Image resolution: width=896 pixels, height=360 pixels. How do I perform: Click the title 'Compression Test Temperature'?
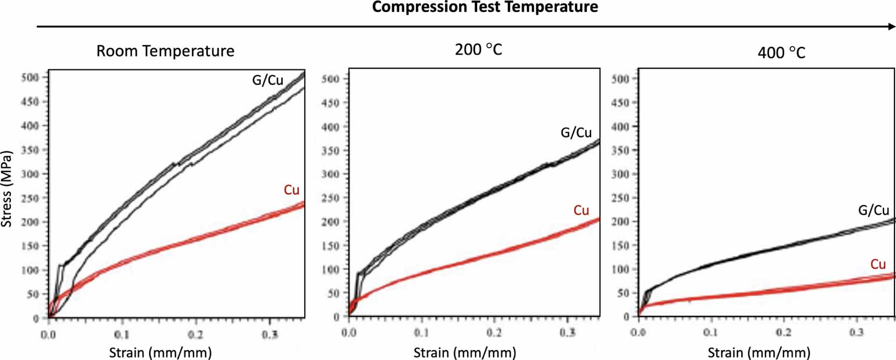(484, 7)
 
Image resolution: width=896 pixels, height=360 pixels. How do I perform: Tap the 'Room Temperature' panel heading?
(165, 51)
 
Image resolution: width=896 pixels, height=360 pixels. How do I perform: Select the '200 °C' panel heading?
(478, 49)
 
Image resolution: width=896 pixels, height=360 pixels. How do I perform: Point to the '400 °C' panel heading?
(781, 52)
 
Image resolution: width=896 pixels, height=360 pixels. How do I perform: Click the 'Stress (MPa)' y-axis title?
(7, 189)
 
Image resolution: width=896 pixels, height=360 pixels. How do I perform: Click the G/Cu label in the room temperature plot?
(268, 80)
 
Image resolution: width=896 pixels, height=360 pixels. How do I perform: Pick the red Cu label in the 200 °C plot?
(581, 210)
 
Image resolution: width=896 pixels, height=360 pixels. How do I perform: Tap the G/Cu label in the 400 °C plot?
(874, 210)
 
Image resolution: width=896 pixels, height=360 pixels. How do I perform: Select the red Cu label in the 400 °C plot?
(878, 264)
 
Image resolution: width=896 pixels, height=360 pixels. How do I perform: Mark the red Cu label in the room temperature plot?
(292, 190)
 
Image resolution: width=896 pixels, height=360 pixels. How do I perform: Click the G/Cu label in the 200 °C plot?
(576, 133)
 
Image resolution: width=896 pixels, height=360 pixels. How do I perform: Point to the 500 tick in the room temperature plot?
(30, 77)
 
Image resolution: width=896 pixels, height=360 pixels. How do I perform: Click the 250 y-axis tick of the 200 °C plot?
(330, 198)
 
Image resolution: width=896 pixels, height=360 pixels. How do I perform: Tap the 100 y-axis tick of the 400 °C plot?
(620, 269)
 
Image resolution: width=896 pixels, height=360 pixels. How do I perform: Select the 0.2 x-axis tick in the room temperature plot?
(195, 335)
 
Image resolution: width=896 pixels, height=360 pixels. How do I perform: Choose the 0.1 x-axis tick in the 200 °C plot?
(421, 332)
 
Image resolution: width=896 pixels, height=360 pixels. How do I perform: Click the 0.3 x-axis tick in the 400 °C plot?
(857, 331)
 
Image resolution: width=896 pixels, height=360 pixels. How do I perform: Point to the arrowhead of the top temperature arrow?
(890, 26)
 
